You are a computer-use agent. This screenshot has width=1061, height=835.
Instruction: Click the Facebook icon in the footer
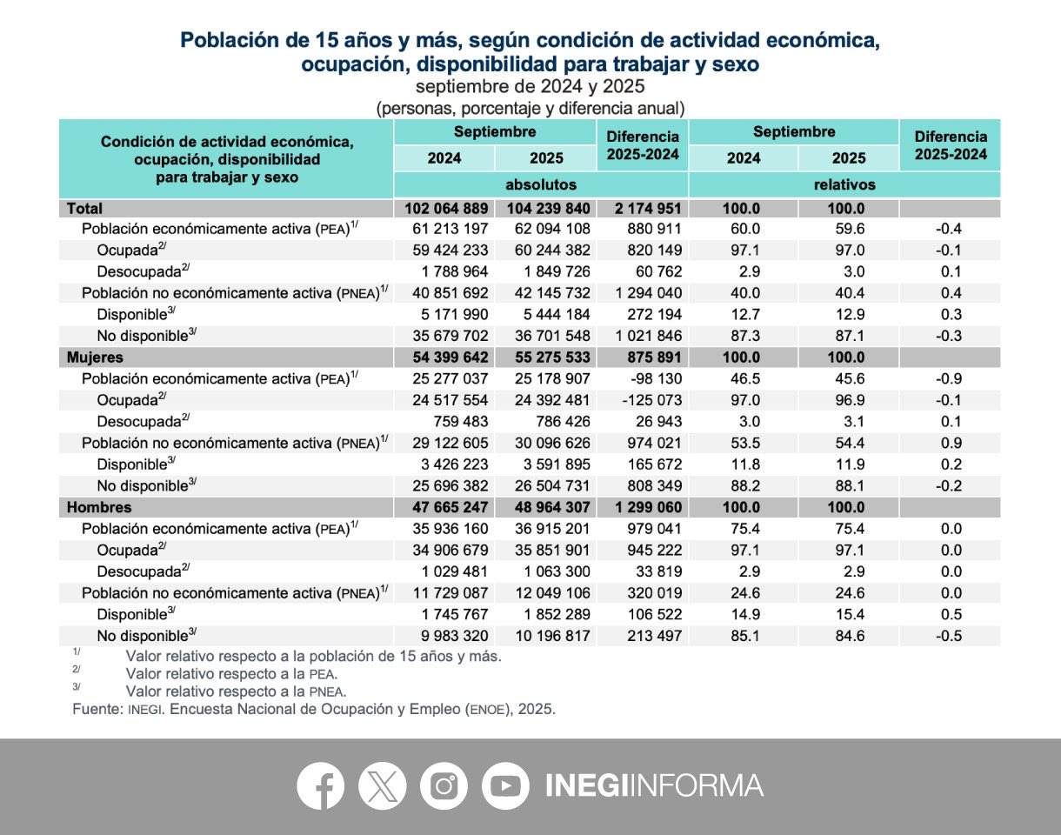(x=321, y=785)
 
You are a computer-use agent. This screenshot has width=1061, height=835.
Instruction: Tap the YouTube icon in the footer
(x=505, y=785)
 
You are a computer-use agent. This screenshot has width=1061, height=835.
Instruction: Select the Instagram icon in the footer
(x=444, y=785)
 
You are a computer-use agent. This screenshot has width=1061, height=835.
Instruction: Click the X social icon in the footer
(x=383, y=785)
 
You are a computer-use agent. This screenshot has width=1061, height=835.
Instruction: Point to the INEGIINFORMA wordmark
(x=653, y=785)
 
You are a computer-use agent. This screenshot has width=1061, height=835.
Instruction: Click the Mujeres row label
(x=95, y=357)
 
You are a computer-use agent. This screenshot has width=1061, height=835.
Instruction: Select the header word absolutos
(x=541, y=185)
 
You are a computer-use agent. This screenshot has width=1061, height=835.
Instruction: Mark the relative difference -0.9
(x=951, y=378)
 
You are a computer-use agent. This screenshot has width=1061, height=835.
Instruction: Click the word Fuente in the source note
(x=96, y=709)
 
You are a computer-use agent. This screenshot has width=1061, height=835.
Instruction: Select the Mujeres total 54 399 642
(x=446, y=357)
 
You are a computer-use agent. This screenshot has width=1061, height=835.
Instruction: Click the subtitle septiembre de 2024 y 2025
(x=530, y=87)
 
